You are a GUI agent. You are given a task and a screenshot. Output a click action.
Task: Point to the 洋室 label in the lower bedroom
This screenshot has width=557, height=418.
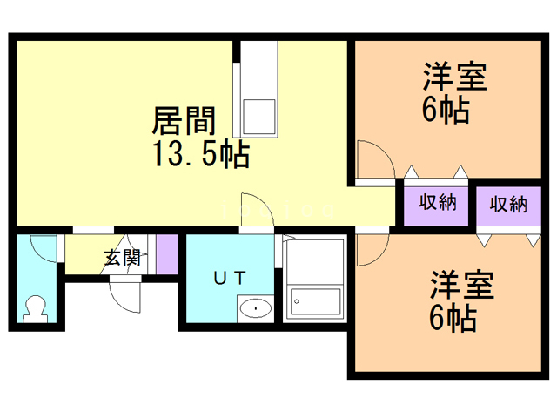click(461, 285)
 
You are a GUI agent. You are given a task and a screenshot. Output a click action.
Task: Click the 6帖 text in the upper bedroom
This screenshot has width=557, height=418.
click(447, 111)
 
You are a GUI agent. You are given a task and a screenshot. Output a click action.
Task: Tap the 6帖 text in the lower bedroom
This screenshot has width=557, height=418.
click(453, 319)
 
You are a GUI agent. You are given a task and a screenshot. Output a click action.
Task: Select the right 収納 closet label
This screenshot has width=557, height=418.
click(508, 204)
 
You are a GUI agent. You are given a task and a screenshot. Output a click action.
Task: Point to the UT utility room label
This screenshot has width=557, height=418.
click(230, 279)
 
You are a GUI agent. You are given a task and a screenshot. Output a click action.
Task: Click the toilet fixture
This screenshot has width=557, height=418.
click(37, 308)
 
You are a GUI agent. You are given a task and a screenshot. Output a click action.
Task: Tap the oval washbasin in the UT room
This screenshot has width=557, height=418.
click(255, 307)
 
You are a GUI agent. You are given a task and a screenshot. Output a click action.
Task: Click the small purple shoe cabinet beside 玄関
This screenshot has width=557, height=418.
click(166, 253)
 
